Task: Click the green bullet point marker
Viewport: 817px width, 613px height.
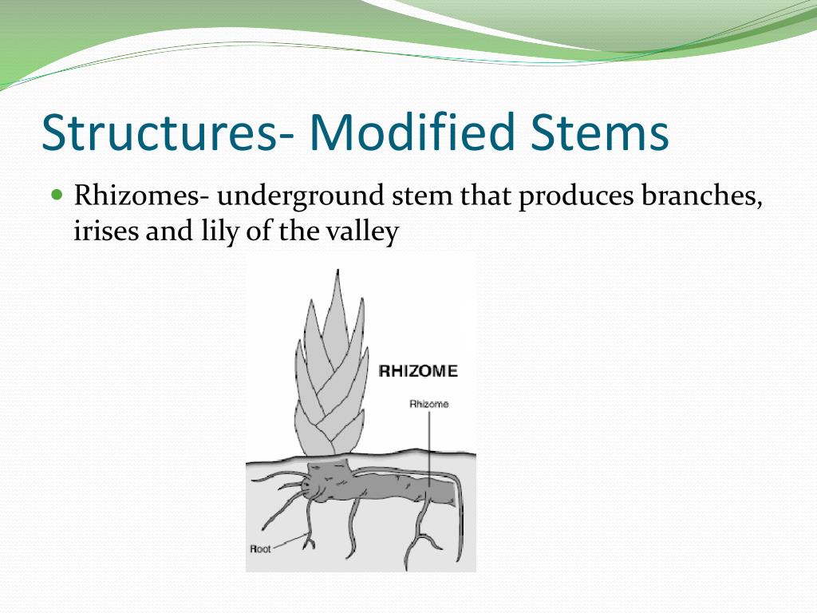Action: [x=56, y=194]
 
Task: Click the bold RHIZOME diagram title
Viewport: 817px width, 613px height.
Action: [x=418, y=371]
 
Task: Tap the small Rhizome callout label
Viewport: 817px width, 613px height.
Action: [x=429, y=404]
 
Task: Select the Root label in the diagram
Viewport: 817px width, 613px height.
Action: [x=261, y=549]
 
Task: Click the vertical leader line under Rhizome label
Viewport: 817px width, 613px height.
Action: [x=429, y=447]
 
